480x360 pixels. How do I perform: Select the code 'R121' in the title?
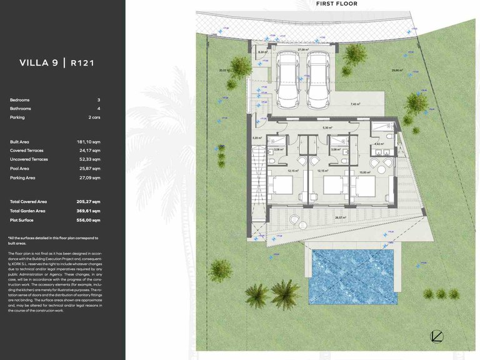pyautogui.click(x=82, y=62)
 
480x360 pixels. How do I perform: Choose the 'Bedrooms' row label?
pyautogui.click(x=20, y=100)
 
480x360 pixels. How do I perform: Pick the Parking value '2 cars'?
pyautogui.click(x=94, y=117)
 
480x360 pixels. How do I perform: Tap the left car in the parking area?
pyautogui.click(x=288, y=78)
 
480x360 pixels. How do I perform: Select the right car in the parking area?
pyautogui.click(x=317, y=78)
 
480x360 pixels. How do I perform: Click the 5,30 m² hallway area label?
pyautogui.click(x=326, y=128)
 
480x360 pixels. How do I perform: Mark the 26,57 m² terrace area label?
pyautogui.click(x=340, y=217)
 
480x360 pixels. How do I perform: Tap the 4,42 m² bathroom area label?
pyautogui.click(x=379, y=144)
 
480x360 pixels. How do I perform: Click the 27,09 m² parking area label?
pyautogui.click(x=303, y=49)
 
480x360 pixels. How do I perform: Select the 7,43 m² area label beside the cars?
pyautogui.click(x=355, y=104)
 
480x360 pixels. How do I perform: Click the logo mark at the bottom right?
pyautogui.click(x=437, y=336)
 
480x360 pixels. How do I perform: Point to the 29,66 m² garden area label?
pyautogui.click(x=397, y=71)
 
